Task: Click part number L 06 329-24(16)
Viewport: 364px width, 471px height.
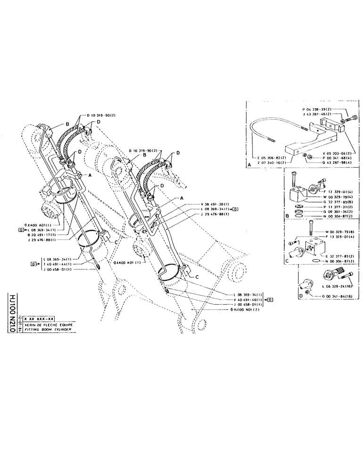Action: (x=337, y=285)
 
